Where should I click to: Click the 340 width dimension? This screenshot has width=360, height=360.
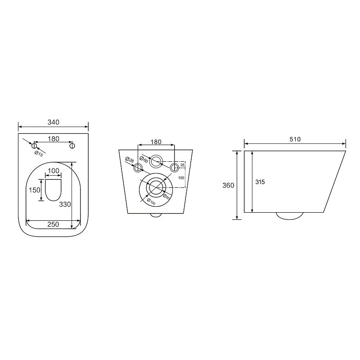(x=54, y=122)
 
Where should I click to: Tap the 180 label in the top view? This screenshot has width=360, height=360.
(x=54, y=139)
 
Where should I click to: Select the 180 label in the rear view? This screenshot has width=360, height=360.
(x=156, y=142)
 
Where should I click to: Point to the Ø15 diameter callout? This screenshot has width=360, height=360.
(x=39, y=154)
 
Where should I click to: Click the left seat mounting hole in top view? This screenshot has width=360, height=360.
(x=34, y=146)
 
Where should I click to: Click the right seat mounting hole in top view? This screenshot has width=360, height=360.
(x=72, y=146)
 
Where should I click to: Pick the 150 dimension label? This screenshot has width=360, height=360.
(x=35, y=190)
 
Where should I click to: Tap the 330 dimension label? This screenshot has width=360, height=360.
(x=65, y=204)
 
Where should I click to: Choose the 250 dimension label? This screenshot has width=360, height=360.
(x=53, y=224)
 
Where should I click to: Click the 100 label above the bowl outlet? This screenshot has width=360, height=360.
(x=54, y=171)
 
